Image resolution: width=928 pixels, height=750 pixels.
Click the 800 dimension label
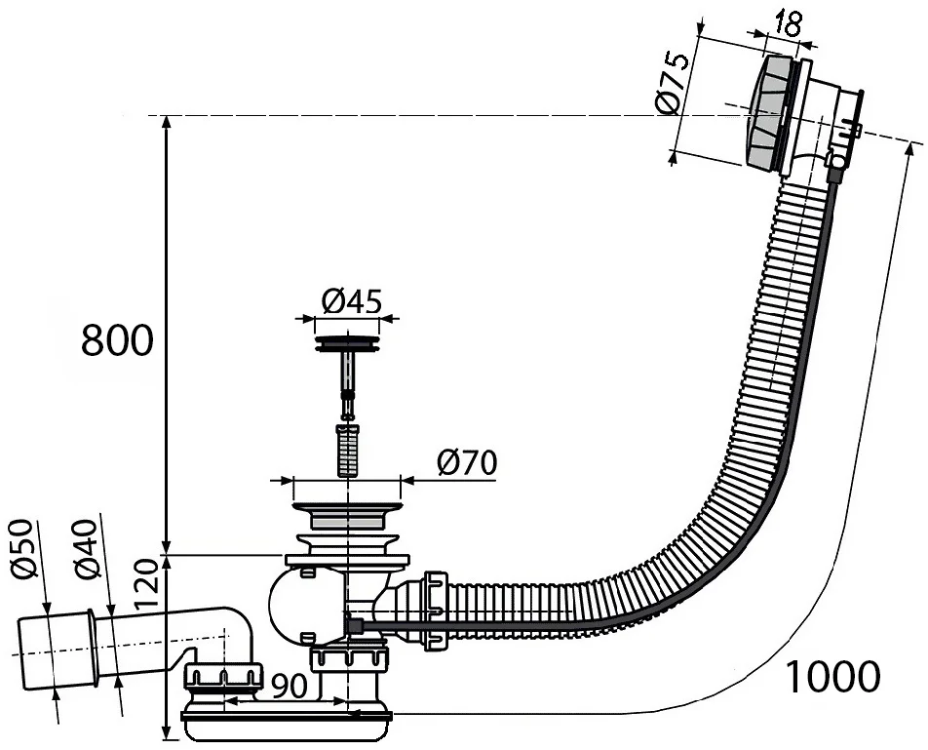(x=117, y=340)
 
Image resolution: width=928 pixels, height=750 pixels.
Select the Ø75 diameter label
(x=674, y=83)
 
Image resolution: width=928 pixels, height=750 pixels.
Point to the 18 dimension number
(x=788, y=24)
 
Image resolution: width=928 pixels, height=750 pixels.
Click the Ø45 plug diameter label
(x=352, y=302)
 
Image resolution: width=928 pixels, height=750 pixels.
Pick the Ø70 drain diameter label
(x=467, y=462)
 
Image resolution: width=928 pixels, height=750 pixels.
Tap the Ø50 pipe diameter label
(x=23, y=548)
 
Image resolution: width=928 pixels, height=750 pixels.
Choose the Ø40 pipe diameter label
(x=86, y=549)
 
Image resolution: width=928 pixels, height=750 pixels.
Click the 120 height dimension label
(x=147, y=585)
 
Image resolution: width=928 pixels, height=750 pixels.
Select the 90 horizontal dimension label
(x=289, y=686)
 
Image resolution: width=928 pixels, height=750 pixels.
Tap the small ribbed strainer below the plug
(x=348, y=450)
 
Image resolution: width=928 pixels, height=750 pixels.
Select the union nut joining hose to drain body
(x=435, y=611)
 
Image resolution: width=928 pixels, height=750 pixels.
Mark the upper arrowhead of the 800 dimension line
(x=167, y=123)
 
